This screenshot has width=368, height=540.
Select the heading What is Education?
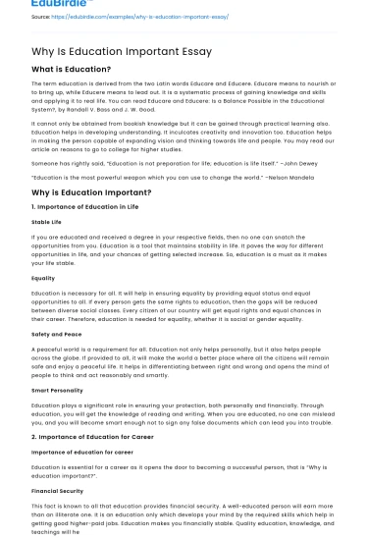(71, 70)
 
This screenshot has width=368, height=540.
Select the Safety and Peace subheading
(58, 334)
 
